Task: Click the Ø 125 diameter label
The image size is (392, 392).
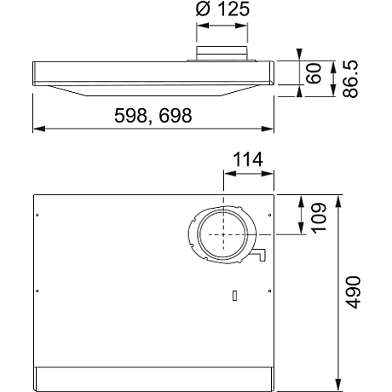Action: coord(222,12)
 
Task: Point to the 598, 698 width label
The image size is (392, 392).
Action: coord(153,117)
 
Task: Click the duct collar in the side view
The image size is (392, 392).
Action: coord(222,57)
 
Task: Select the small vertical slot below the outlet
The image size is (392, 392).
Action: coord(233,296)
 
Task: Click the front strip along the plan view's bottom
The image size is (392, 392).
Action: coord(153,379)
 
